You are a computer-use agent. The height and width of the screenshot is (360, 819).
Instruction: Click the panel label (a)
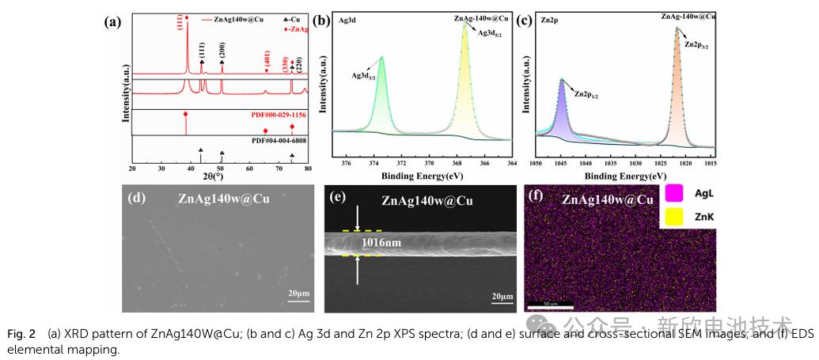coord(112,21)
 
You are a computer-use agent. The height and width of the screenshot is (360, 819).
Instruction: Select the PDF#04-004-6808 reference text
coord(279,141)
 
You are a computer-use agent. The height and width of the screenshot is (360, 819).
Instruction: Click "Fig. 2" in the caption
coord(22,335)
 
